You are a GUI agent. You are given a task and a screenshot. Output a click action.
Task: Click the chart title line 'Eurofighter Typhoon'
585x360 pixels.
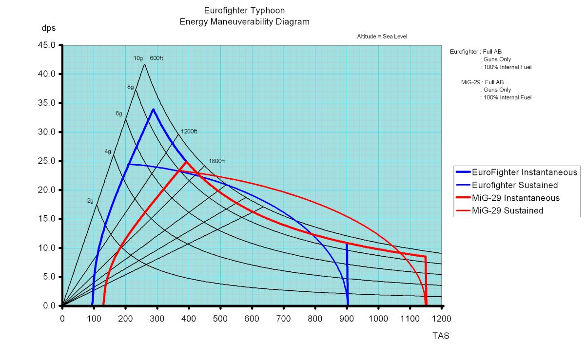pyautogui.click(x=244, y=11)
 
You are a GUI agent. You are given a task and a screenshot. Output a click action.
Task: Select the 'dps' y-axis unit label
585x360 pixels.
pyautogui.click(x=49, y=28)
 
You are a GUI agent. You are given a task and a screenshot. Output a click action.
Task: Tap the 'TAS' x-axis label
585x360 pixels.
pyautogui.click(x=441, y=336)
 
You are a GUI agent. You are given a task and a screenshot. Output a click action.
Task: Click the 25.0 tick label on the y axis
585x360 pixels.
pyautogui.click(x=47, y=161)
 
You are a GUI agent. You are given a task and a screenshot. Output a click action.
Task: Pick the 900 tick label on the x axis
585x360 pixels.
pyautogui.click(x=347, y=319)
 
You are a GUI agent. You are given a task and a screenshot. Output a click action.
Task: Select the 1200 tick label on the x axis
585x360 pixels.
pyautogui.click(x=441, y=319)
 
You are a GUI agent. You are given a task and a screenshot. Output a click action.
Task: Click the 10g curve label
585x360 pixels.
pyautogui.click(x=138, y=58)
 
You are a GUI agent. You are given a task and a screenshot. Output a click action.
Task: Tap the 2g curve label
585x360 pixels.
pyautogui.click(x=90, y=201)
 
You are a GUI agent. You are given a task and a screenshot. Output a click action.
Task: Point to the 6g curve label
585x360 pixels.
pyautogui.click(x=118, y=114)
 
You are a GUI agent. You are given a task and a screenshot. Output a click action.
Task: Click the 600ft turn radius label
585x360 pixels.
pyautogui.click(x=156, y=58)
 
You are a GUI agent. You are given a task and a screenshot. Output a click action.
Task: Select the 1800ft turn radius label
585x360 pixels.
pyautogui.click(x=217, y=161)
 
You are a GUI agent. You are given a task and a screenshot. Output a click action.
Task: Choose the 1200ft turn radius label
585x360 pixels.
pyautogui.click(x=189, y=132)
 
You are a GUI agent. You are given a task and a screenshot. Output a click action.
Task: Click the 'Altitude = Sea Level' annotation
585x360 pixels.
pyautogui.click(x=382, y=37)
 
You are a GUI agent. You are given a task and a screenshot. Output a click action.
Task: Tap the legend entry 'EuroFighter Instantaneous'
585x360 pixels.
pyautogui.click(x=516, y=172)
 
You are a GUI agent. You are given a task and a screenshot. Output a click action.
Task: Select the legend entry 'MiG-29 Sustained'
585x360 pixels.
pyautogui.click(x=499, y=210)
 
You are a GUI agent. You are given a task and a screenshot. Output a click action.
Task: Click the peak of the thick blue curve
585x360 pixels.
pyautogui.click(x=154, y=110)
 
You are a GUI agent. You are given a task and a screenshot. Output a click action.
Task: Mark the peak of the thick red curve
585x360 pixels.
pyautogui.click(x=186, y=162)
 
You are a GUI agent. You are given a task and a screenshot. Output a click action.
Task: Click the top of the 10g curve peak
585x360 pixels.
pyautogui.click(x=145, y=64)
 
